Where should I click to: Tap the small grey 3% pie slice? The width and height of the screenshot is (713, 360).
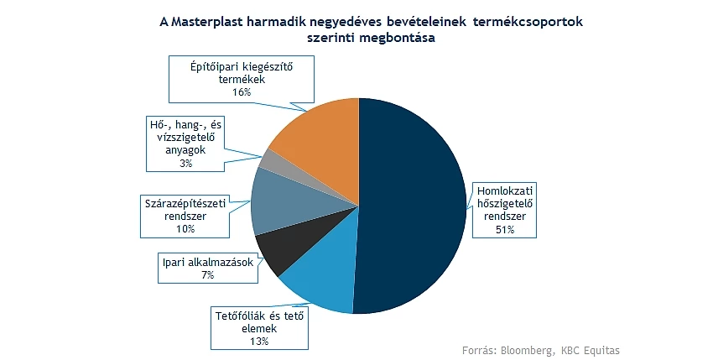click(x=268, y=159)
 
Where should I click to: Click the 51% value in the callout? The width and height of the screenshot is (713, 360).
click(x=505, y=230)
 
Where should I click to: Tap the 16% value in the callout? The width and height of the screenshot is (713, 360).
click(x=242, y=92)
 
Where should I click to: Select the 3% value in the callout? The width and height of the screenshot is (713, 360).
click(x=185, y=163)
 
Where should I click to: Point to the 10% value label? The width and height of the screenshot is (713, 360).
click(x=185, y=228)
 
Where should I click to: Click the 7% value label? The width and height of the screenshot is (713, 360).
click(x=208, y=275)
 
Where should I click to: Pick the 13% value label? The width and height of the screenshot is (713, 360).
click(x=259, y=342)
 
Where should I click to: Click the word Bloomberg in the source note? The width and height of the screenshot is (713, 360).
click(x=528, y=351)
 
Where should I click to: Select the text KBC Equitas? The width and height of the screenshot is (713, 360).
click(x=591, y=351)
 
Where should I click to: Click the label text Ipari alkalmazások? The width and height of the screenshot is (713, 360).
click(x=208, y=263)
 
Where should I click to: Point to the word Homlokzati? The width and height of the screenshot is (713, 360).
click(x=505, y=190)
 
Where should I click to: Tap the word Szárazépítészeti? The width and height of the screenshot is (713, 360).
click(x=185, y=203)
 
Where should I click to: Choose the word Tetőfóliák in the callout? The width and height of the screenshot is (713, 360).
click(x=241, y=316)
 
